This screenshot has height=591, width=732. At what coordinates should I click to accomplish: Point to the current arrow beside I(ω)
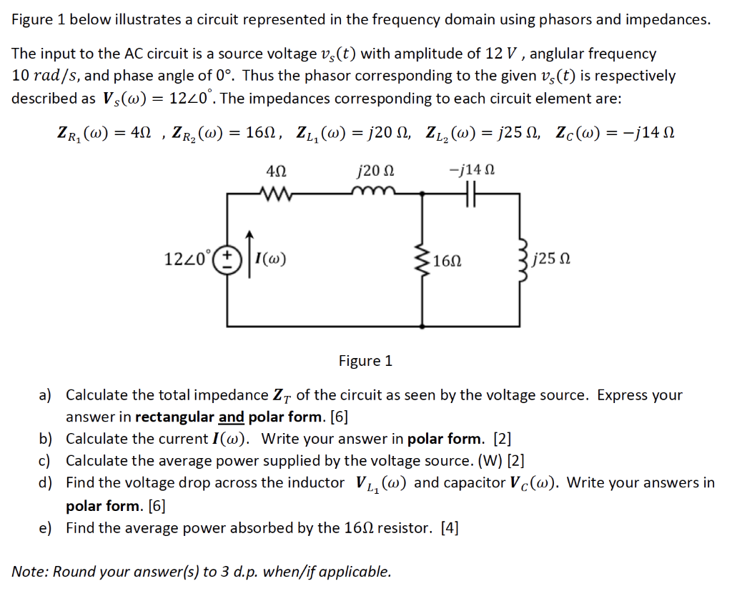coord(249,258)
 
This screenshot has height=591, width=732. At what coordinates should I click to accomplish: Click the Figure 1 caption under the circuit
coord(365,361)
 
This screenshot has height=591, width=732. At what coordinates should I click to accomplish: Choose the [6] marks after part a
coord(339,417)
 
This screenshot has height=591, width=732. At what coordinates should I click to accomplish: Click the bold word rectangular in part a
coord(174,417)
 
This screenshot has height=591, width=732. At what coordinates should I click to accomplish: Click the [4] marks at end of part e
coord(450,528)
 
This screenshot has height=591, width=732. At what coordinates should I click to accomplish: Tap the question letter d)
coord(46,483)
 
